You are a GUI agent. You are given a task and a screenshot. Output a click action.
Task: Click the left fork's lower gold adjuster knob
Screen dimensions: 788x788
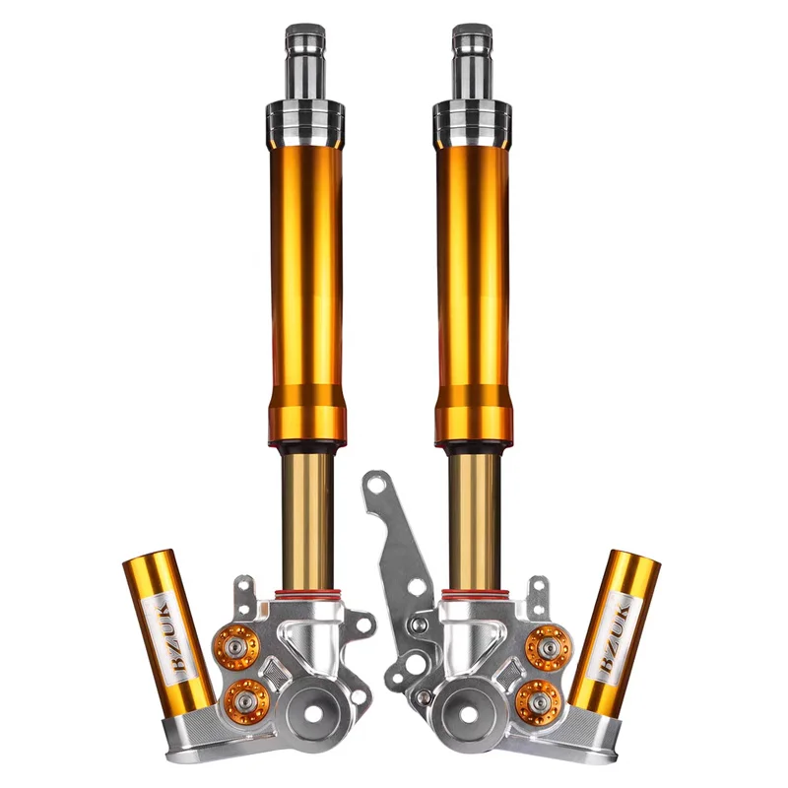(246, 699)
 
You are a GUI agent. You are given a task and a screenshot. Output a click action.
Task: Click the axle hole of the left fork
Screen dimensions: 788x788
(317, 713)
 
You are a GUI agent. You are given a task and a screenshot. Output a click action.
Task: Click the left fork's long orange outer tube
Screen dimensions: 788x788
(305, 276)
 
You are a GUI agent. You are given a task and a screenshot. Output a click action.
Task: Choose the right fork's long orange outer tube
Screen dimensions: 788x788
(472, 276)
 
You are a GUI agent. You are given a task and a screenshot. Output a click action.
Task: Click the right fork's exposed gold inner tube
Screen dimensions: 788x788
(474, 517)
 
